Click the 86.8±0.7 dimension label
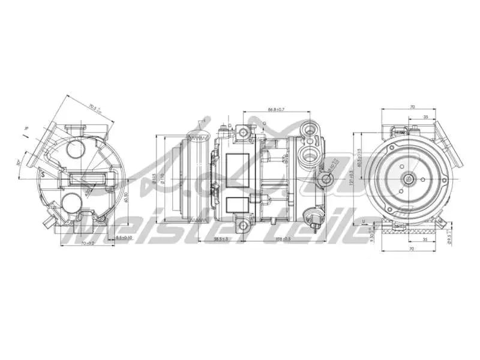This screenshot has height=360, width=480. pyautogui.click(x=276, y=110)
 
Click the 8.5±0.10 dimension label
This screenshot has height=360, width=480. pyautogui.click(x=124, y=238)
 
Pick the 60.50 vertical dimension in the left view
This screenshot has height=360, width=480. pyautogui.click(x=125, y=198)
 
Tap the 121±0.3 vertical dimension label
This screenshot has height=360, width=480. pyautogui.click(x=350, y=176)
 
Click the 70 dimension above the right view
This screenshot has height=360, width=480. pyautogui.click(x=412, y=107)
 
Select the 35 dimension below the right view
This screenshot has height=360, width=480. pyautogui.click(x=425, y=238)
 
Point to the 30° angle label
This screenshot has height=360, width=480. pyautogui.click(x=19, y=162)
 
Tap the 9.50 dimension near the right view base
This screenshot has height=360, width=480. pyautogui.click(x=371, y=236)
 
